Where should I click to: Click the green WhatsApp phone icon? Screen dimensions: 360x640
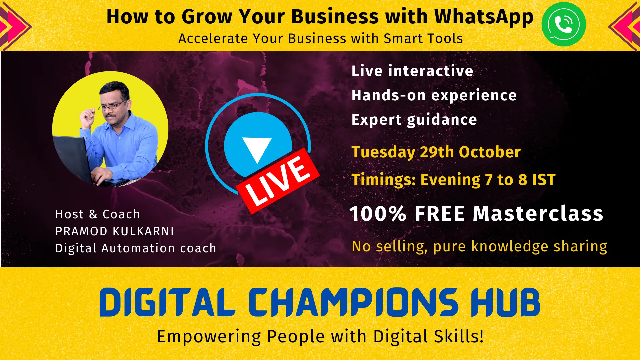563,24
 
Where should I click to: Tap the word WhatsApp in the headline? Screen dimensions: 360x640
484,17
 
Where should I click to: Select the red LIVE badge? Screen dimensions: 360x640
278,180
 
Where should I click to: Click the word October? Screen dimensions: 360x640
490,152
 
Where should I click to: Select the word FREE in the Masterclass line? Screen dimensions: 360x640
440,213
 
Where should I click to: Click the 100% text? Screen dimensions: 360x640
378,213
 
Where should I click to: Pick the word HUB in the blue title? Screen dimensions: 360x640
505,302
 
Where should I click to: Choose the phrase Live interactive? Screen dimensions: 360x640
412,71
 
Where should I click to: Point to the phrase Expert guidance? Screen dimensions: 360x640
414,120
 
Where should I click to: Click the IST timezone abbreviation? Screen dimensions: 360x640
544,180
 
